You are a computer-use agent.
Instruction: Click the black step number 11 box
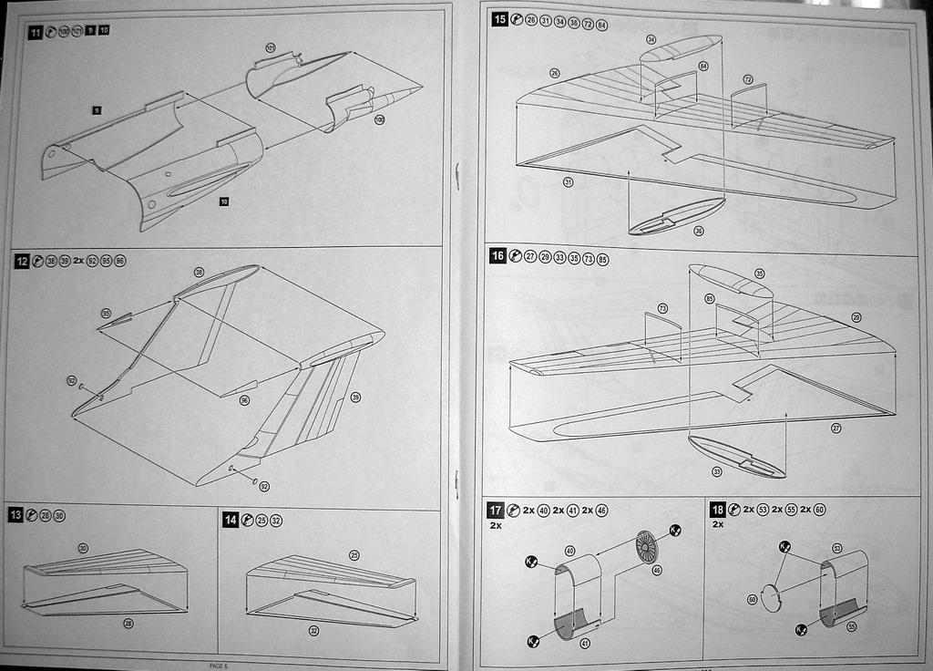(35, 32)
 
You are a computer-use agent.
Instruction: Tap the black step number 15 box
(498, 20)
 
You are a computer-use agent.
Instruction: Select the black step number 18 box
(718, 510)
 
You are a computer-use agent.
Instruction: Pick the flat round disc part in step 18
(771, 598)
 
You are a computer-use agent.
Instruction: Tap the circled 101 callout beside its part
(271, 47)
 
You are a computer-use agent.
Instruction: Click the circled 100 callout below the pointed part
(379, 120)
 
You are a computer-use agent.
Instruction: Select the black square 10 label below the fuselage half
(224, 201)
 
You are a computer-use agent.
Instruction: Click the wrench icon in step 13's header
(31, 516)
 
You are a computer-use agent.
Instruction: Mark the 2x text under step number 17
(496, 526)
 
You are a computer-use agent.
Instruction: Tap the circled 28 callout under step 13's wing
(128, 624)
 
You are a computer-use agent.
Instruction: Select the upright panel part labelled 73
(662, 335)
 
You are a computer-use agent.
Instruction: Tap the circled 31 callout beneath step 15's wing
(569, 182)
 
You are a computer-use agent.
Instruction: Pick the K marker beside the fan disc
(675, 530)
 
